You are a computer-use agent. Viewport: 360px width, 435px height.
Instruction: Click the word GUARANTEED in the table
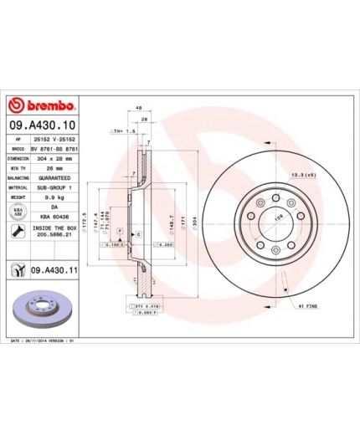click(x=55, y=180)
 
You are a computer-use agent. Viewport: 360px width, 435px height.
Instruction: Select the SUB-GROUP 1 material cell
click(x=55, y=188)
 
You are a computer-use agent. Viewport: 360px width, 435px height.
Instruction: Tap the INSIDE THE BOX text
click(x=55, y=228)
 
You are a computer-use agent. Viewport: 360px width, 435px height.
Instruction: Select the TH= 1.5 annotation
click(x=121, y=132)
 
